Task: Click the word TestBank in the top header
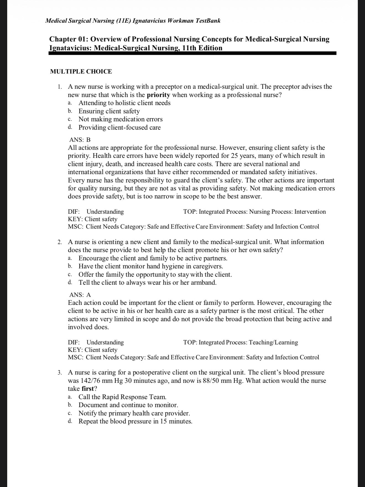(x=208, y=21)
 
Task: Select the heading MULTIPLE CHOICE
(x=81, y=72)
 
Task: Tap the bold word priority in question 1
(x=158, y=95)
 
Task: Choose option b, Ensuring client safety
(x=109, y=111)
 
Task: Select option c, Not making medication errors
(x=120, y=119)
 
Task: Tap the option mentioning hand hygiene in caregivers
(x=151, y=266)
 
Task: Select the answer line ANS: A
(x=80, y=295)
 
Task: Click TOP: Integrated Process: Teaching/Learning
(x=241, y=342)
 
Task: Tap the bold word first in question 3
(x=88, y=389)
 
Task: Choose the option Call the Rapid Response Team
(x=122, y=397)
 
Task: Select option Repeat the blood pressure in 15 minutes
(x=135, y=421)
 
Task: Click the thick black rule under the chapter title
(x=192, y=53)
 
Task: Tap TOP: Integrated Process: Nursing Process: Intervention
(x=254, y=212)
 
